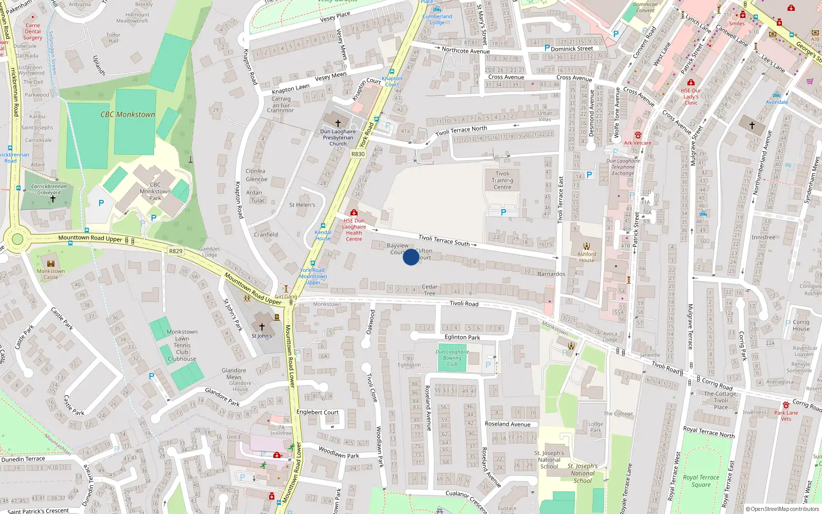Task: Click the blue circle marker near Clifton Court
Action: [x=411, y=257]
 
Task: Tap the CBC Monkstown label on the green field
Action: [x=127, y=115]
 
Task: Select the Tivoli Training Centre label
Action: [x=502, y=180]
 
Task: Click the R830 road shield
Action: [x=358, y=154]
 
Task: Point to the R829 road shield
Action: [x=176, y=251]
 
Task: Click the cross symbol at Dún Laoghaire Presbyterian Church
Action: [x=338, y=123]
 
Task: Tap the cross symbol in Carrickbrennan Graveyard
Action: [x=52, y=199]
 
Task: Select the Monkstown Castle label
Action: [x=51, y=274]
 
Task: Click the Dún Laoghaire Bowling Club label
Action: [x=452, y=358]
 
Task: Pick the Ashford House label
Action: [x=587, y=256]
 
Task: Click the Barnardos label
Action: [x=551, y=274]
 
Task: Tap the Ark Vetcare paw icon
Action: [x=638, y=135]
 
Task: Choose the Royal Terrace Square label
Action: [x=701, y=481]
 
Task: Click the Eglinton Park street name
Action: [x=462, y=338]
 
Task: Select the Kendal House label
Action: [x=323, y=235]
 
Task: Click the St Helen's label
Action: [x=302, y=205]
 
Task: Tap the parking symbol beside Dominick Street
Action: [x=547, y=48]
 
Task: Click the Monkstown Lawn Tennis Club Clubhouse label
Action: [x=182, y=345]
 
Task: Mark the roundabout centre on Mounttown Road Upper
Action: [x=17, y=239]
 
